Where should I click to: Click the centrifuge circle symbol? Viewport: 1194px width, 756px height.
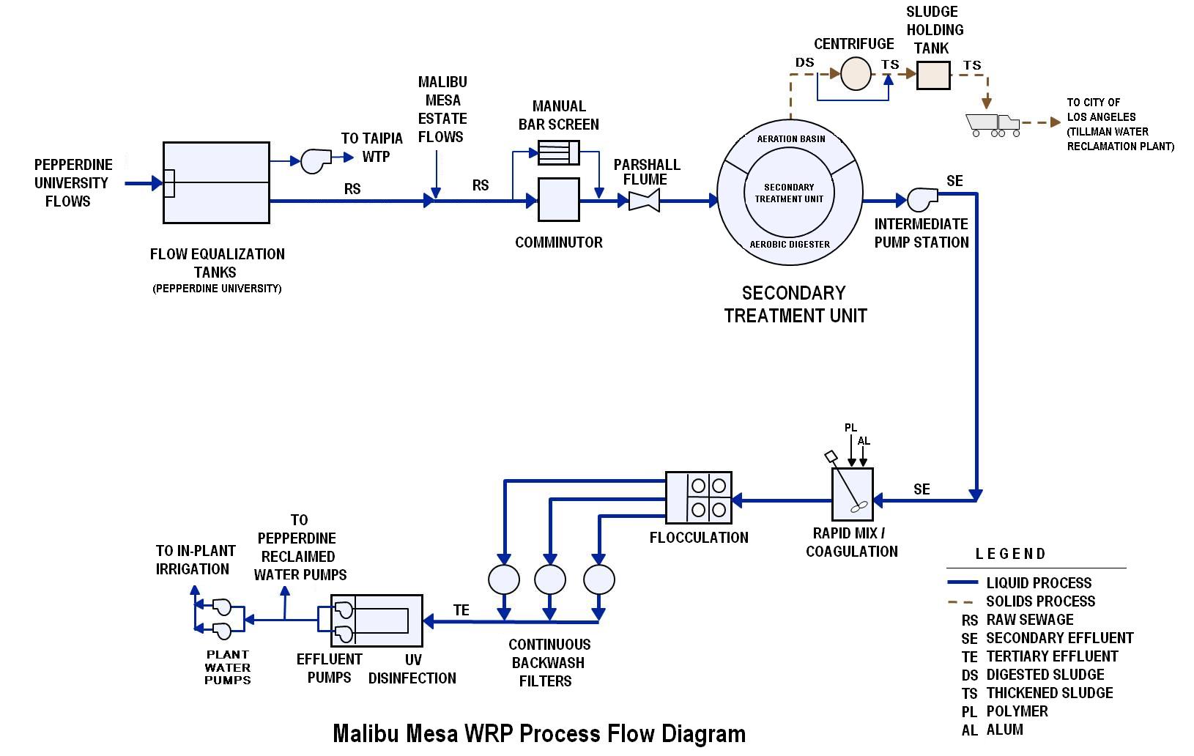[855, 74]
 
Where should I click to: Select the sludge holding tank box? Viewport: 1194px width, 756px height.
[933, 75]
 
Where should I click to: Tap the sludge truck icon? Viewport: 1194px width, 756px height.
[993, 125]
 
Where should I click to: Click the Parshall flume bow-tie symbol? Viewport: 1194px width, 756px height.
[644, 199]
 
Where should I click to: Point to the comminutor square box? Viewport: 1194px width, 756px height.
[559, 199]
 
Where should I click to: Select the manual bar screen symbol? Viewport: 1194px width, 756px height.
[558, 152]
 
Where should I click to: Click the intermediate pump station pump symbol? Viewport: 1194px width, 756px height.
[922, 199]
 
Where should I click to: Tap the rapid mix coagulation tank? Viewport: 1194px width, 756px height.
[852, 494]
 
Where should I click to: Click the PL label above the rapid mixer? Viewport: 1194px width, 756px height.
[850, 428]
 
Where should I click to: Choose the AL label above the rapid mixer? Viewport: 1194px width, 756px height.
[864, 441]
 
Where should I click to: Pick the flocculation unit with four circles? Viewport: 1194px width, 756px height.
[699, 497]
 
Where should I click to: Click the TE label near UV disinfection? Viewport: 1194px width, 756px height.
[461, 610]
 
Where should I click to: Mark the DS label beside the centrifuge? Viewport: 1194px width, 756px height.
[805, 62]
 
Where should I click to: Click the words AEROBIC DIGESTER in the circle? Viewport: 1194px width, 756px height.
[790, 244]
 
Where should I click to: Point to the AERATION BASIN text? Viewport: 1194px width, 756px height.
[791, 138]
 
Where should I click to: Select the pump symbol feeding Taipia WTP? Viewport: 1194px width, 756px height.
[316, 160]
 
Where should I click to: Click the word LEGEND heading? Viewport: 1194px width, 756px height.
[1010, 554]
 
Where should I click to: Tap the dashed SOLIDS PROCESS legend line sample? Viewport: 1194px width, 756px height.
[963, 601]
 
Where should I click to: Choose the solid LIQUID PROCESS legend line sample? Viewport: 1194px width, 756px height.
[963, 583]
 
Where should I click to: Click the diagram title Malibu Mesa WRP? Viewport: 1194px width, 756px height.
[539, 733]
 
